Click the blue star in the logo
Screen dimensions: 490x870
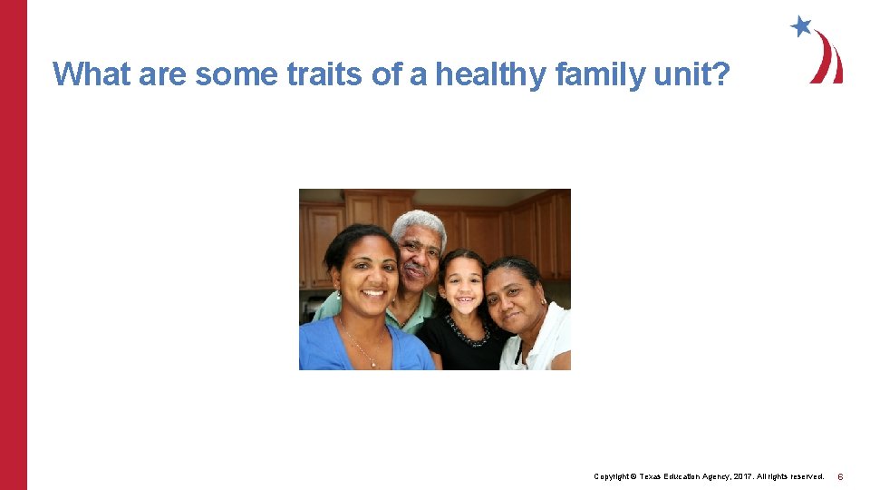[800, 26]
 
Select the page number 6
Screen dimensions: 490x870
[840, 476]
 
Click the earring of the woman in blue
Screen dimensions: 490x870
[338, 294]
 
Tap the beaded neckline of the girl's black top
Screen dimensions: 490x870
[468, 338]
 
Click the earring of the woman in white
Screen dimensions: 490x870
[543, 302]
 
